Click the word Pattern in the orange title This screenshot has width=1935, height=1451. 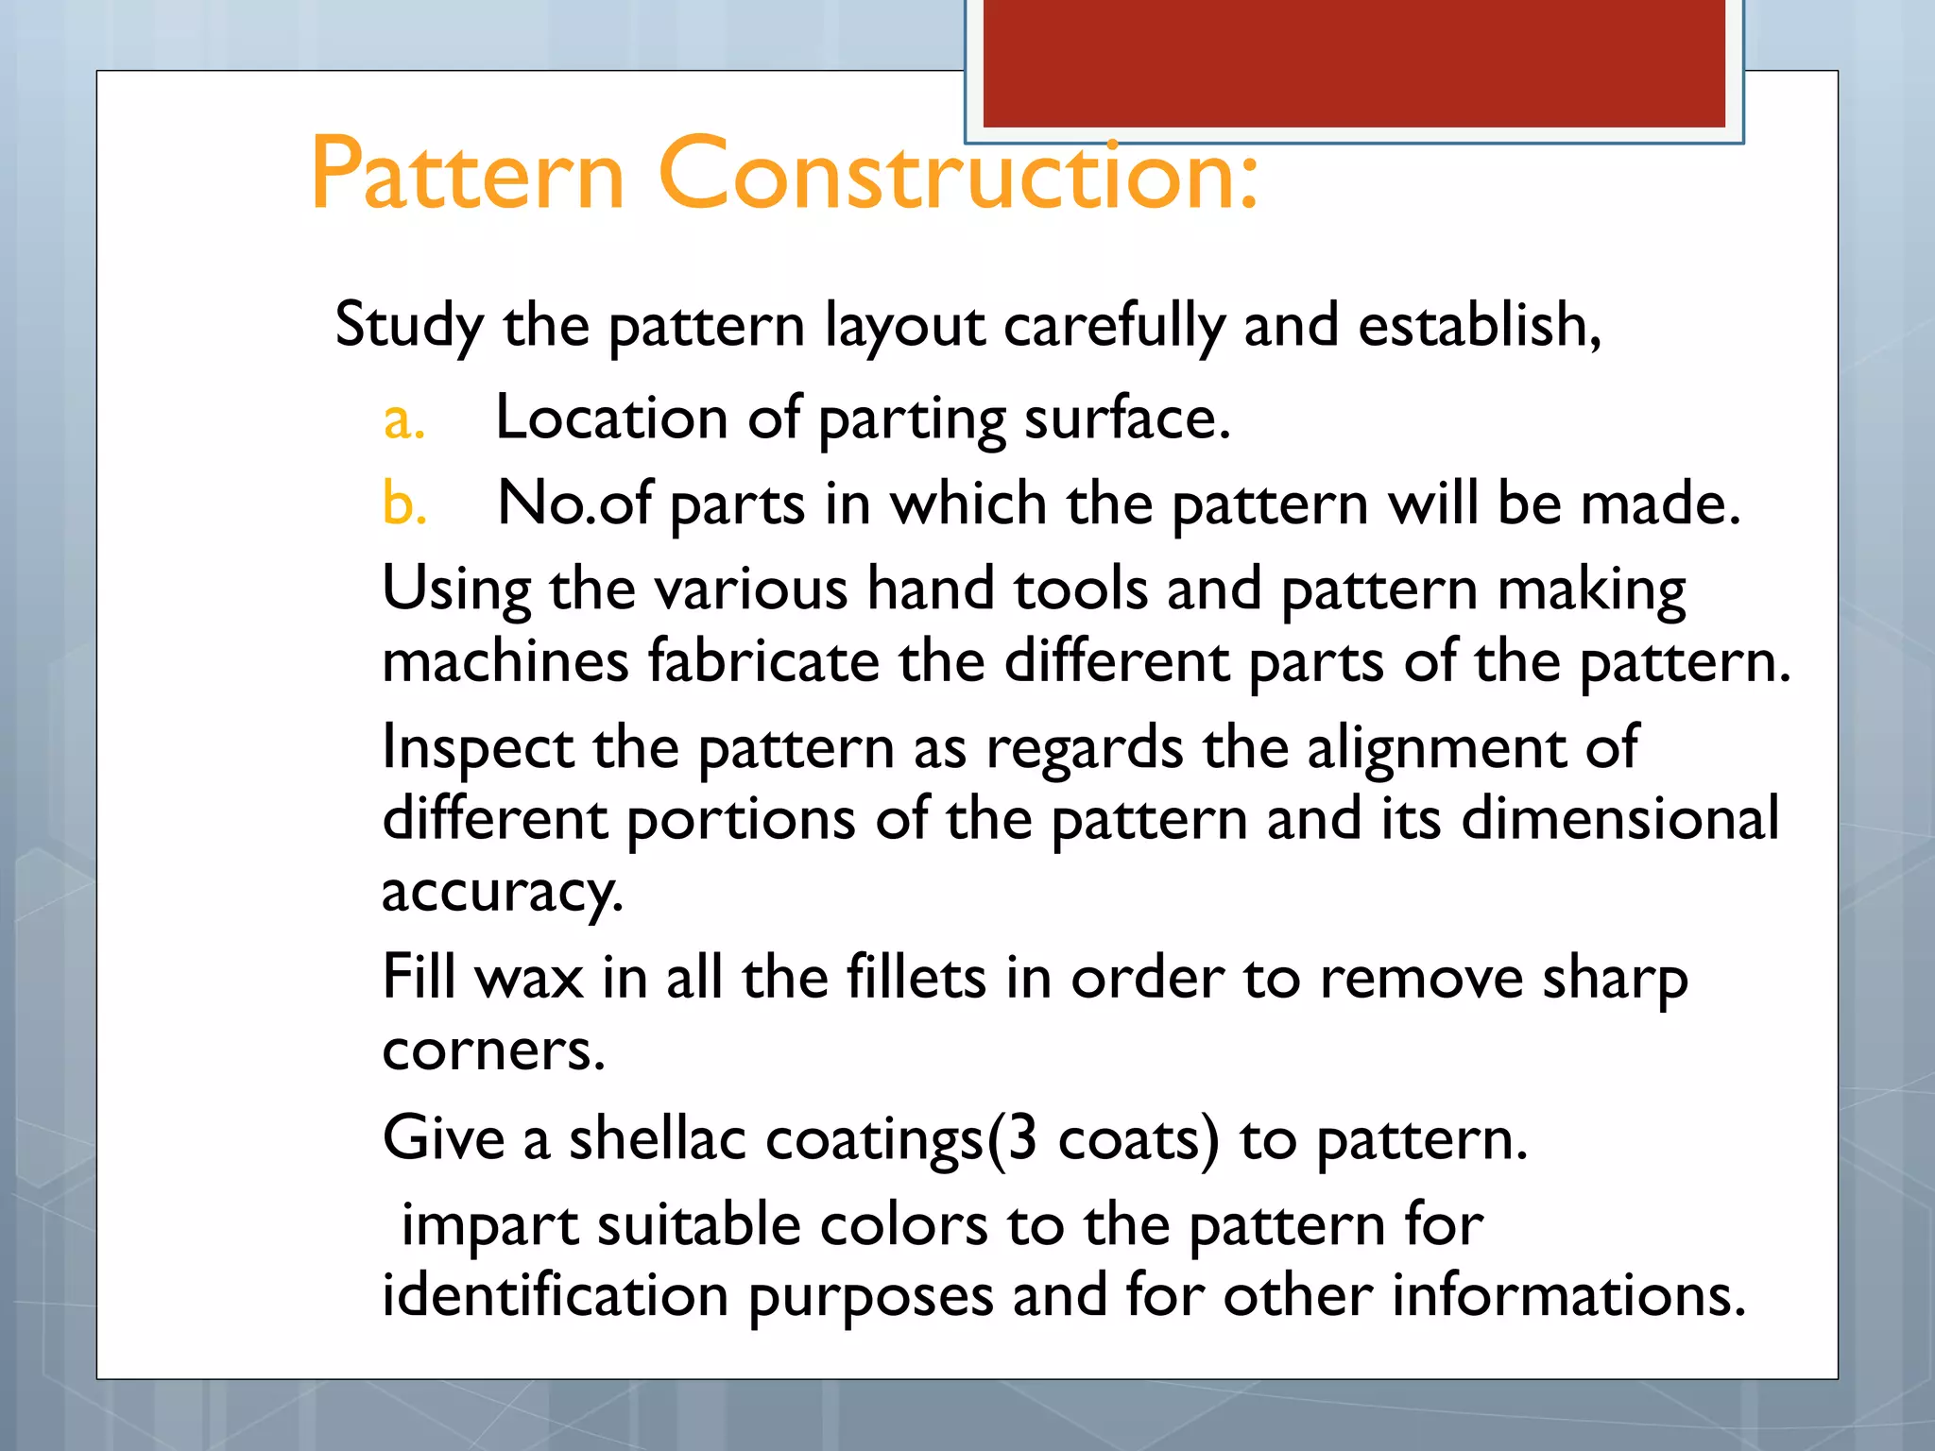click(468, 174)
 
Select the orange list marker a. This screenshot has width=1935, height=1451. click(403, 419)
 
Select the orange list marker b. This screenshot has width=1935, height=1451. click(404, 503)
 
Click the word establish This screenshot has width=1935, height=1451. click(1479, 325)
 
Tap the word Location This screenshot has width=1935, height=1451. click(611, 418)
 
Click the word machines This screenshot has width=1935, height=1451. click(505, 660)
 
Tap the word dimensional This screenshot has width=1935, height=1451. click(1619, 818)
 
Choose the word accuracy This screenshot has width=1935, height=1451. click(502, 892)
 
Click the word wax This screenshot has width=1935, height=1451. click(530, 978)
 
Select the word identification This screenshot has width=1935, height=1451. click(555, 1295)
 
